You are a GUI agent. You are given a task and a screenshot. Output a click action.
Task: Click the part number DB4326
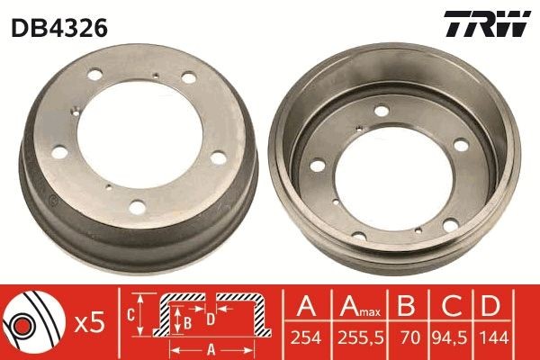(59, 27)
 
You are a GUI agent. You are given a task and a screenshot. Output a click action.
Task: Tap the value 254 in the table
(307, 337)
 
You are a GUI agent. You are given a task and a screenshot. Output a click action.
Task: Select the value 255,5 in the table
(359, 337)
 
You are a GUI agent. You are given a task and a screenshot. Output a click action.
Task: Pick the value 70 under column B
(408, 337)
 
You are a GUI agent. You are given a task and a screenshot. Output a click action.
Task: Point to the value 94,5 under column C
(453, 337)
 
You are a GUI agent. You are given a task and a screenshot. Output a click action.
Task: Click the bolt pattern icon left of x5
(31, 321)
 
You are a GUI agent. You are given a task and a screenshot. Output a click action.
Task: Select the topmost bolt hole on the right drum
(382, 111)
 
